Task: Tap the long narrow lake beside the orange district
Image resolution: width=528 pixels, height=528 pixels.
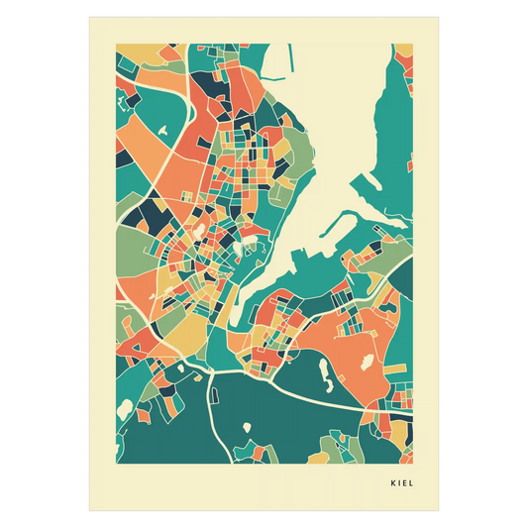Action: [323, 373]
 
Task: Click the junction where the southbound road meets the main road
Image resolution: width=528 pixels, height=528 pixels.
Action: [212, 371]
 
